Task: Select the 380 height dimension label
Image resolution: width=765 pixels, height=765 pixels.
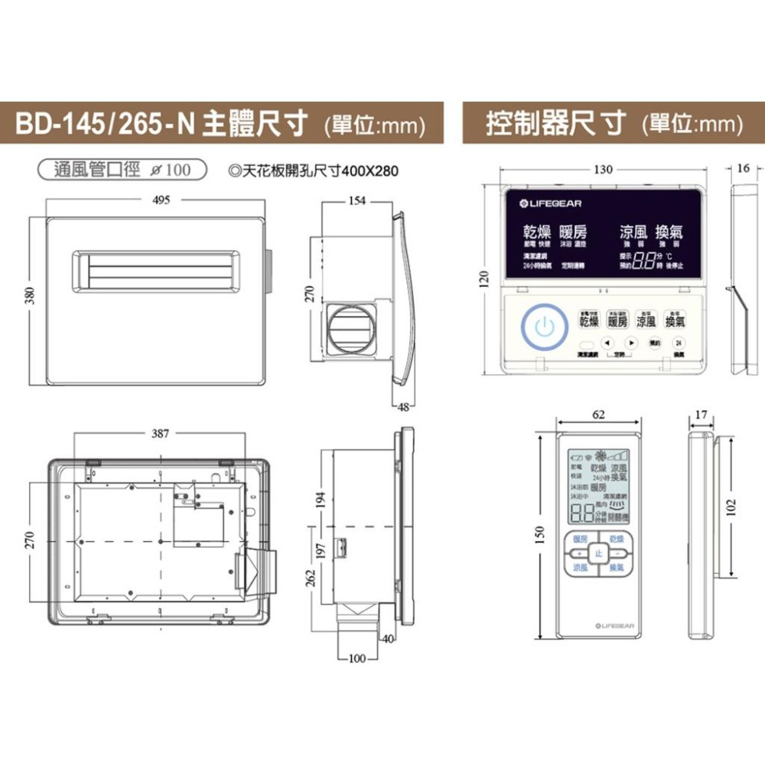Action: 28,295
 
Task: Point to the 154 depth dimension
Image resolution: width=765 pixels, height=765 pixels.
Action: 357,200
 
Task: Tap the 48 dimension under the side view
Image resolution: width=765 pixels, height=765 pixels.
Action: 403,407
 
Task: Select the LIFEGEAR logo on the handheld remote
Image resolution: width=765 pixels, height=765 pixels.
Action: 614,626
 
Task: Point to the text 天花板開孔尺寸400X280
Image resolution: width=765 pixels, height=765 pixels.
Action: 313,170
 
